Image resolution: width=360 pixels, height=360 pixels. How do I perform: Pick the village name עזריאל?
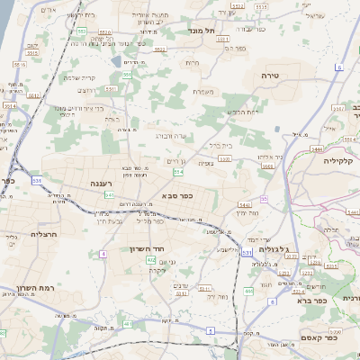coord(314,16)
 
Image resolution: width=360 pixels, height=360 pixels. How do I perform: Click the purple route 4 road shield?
coord(103,255)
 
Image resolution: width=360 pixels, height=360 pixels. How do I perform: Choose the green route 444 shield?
coord(248,291)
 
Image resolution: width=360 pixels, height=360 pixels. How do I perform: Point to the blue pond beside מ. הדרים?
coord(118,61)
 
